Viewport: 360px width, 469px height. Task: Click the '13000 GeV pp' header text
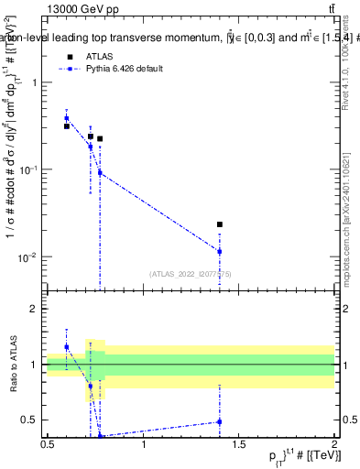tap(75, 8)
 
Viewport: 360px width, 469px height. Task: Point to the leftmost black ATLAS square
tap(67, 126)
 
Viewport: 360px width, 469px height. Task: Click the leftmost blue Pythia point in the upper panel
tap(67, 118)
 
